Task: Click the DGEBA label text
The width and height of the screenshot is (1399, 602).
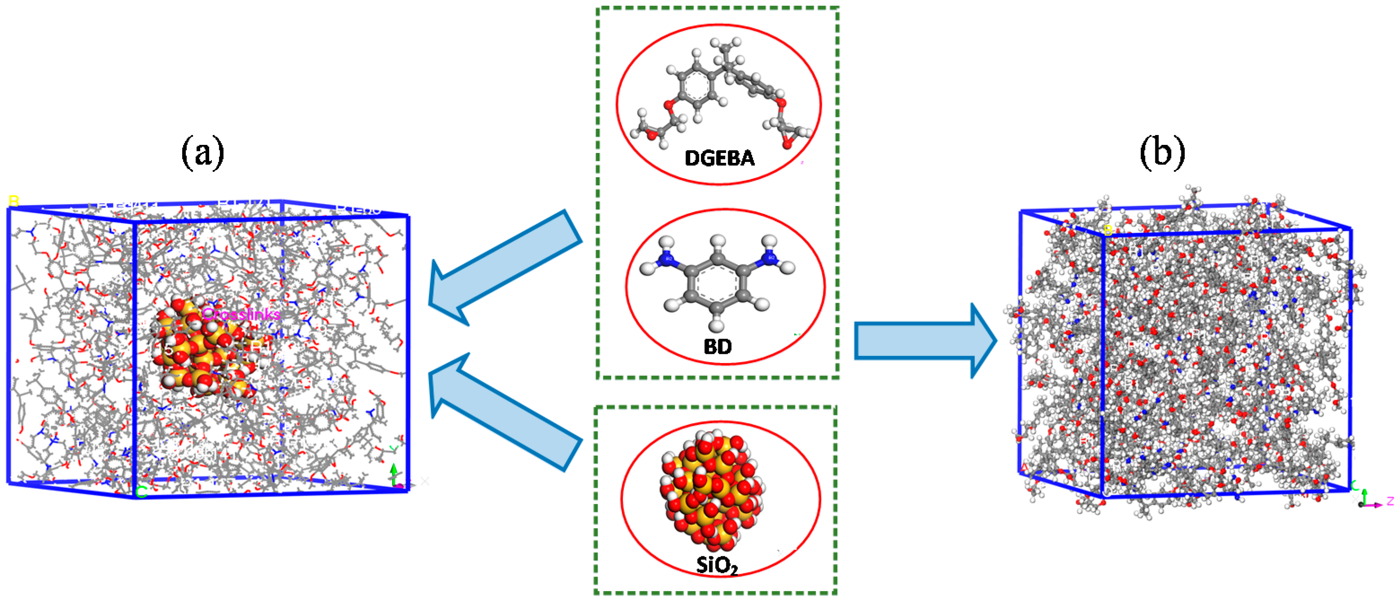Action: (719, 158)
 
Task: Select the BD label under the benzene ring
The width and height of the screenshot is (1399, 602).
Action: (717, 346)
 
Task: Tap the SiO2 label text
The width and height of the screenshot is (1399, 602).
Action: (717, 565)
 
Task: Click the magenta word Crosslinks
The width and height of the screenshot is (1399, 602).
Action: (241, 314)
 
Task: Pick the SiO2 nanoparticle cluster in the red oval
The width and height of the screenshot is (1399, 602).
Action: (712, 492)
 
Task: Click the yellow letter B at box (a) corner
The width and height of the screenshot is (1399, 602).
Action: (13, 201)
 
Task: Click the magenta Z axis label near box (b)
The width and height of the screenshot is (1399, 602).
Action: (1390, 501)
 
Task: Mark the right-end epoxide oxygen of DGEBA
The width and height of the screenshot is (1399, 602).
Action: (787, 144)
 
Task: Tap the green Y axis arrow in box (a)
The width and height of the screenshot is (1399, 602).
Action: (394, 472)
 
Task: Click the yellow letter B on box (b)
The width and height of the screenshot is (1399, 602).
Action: (1108, 230)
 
